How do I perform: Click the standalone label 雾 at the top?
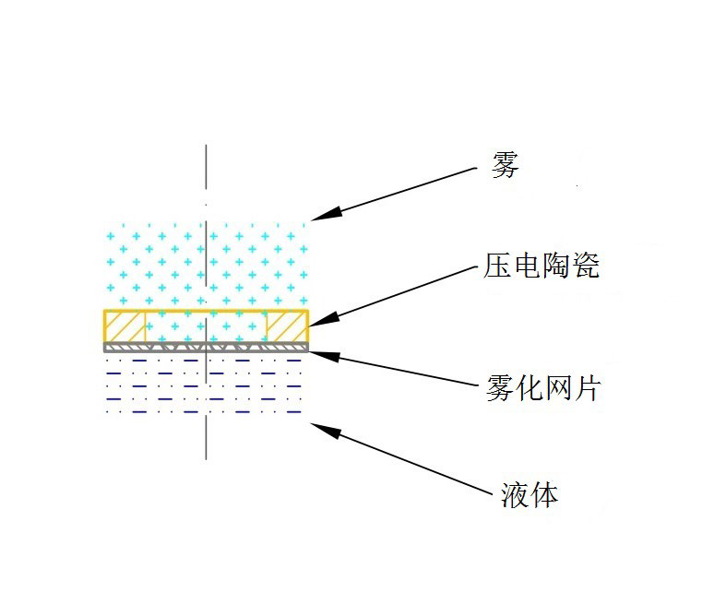tap(505, 165)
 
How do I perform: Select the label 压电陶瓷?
tap(542, 266)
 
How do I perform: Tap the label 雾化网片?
tap(542, 388)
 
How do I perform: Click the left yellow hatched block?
tap(125, 326)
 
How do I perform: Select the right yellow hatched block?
tap(286, 326)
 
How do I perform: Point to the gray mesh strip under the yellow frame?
tap(205, 348)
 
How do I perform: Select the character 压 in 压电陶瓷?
tap(498, 266)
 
